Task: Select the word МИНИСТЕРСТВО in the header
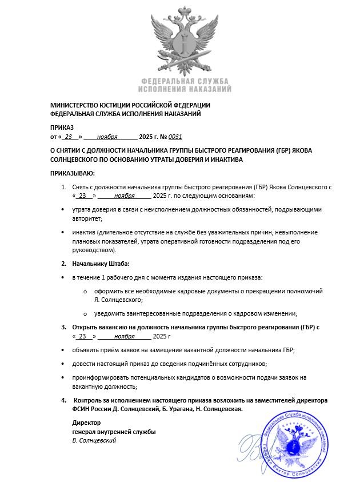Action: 74,105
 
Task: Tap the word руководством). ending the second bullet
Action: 94,250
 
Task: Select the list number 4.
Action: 64,400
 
